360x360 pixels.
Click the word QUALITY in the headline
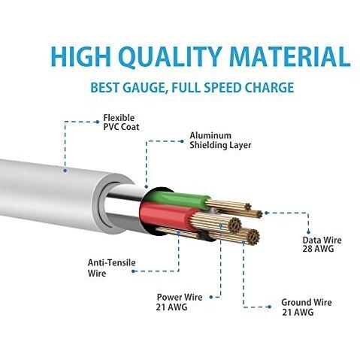(x=170, y=56)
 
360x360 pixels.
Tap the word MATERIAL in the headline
(x=289, y=56)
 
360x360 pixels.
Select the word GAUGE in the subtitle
(x=144, y=88)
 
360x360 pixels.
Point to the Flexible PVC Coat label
(x=121, y=123)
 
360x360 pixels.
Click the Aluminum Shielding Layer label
(x=220, y=141)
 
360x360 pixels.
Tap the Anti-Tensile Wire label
(x=111, y=268)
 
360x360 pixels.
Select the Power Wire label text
(x=180, y=297)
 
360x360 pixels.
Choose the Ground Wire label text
(x=307, y=302)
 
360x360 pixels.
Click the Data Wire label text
(x=322, y=240)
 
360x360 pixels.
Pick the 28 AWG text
(x=318, y=249)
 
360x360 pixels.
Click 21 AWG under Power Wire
(x=171, y=307)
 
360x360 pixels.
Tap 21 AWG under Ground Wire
(x=298, y=313)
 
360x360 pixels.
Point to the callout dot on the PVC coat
(x=65, y=171)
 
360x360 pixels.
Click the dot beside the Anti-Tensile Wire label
(x=133, y=271)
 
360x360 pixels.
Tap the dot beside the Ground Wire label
(x=269, y=307)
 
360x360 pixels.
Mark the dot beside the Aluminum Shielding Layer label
(x=182, y=141)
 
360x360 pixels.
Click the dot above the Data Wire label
(x=308, y=232)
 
